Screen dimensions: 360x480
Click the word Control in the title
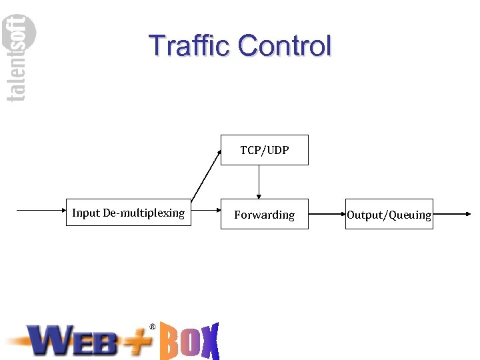point(285,46)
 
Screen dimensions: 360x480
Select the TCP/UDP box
point(265,150)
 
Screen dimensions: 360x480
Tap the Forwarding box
point(265,214)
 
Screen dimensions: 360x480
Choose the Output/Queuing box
point(389,214)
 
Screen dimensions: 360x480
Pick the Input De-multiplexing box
point(128,213)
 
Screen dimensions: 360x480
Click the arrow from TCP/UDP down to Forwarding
point(259,181)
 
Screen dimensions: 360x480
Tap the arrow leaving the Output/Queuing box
point(453,214)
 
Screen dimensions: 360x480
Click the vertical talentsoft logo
point(21,59)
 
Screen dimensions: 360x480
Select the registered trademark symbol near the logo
point(153,327)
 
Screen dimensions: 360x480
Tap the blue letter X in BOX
point(210,342)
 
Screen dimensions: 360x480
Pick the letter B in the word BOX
point(169,342)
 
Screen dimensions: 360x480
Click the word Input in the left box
point(86,213)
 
